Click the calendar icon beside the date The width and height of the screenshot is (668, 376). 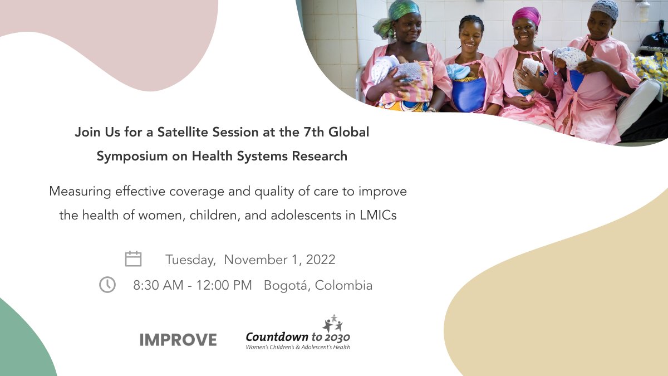click(133, 259)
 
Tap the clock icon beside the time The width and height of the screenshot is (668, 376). click(107, 285)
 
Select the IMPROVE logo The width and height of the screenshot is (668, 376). click(178, 339)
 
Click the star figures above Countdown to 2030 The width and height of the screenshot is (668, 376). click(332, 323)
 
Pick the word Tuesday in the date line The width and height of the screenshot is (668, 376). click(189, 260)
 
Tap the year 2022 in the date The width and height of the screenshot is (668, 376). click(320, 260)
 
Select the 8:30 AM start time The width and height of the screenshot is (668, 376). click(158, 285)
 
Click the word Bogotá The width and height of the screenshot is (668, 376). click(287, 285)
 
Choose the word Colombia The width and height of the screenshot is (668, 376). click(343, 285)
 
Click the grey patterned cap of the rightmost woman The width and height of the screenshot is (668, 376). click(606, 8)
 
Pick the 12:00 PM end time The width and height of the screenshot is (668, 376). click(226, 285)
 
